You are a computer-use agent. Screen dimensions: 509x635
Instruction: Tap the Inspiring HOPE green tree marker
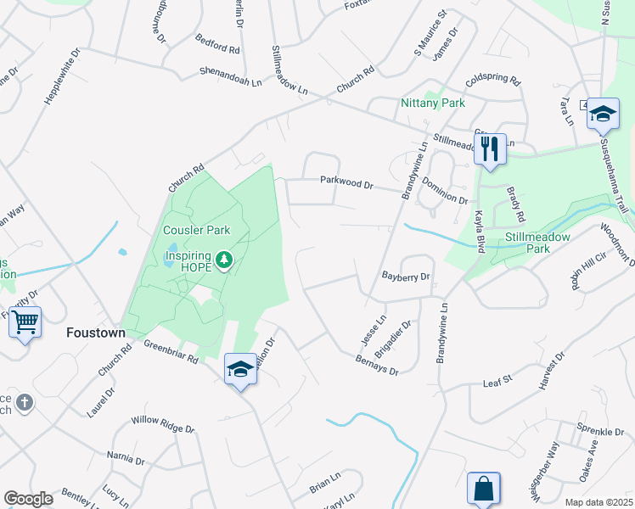tap(224, 258)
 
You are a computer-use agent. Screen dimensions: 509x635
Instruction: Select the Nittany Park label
tap(433, 103)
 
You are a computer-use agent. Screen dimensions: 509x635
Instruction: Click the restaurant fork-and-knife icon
tap(490, 149)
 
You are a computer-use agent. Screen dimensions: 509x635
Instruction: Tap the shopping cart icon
tap(25, 322)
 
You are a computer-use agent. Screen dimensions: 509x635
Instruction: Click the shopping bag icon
tap(483, 489)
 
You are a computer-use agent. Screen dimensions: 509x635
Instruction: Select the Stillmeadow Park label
tap(537, 238)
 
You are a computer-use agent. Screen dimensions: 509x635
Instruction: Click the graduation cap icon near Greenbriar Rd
tap(241, 369)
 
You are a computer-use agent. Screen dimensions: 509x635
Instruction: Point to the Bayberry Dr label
tap(406, 277)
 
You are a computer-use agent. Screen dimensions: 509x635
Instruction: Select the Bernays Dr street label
tap(377, 361)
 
